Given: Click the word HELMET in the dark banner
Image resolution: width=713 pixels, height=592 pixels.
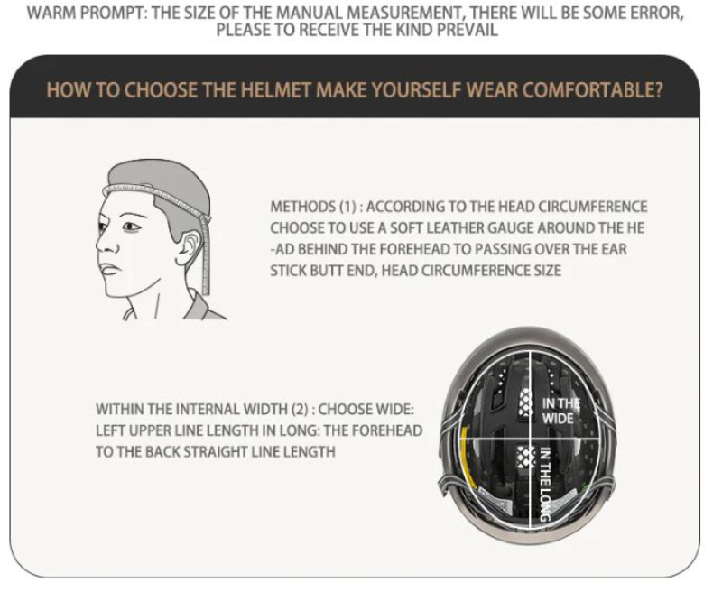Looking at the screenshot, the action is click(276, 90).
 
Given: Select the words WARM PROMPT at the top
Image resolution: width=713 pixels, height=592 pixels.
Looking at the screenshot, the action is click(86, 13).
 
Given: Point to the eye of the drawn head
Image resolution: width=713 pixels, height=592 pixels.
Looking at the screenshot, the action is click(131, 226).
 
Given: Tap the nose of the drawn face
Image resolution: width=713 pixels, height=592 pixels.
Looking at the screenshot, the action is click(106, 245).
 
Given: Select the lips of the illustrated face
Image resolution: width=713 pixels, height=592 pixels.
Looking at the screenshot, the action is click(108, 269).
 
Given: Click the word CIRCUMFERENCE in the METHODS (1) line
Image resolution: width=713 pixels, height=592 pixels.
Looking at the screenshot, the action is click(593, 207).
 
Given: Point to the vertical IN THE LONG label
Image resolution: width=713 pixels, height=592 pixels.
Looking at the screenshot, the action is click(545, 484).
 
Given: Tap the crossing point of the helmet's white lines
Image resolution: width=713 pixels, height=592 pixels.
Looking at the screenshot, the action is click(531, 439).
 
